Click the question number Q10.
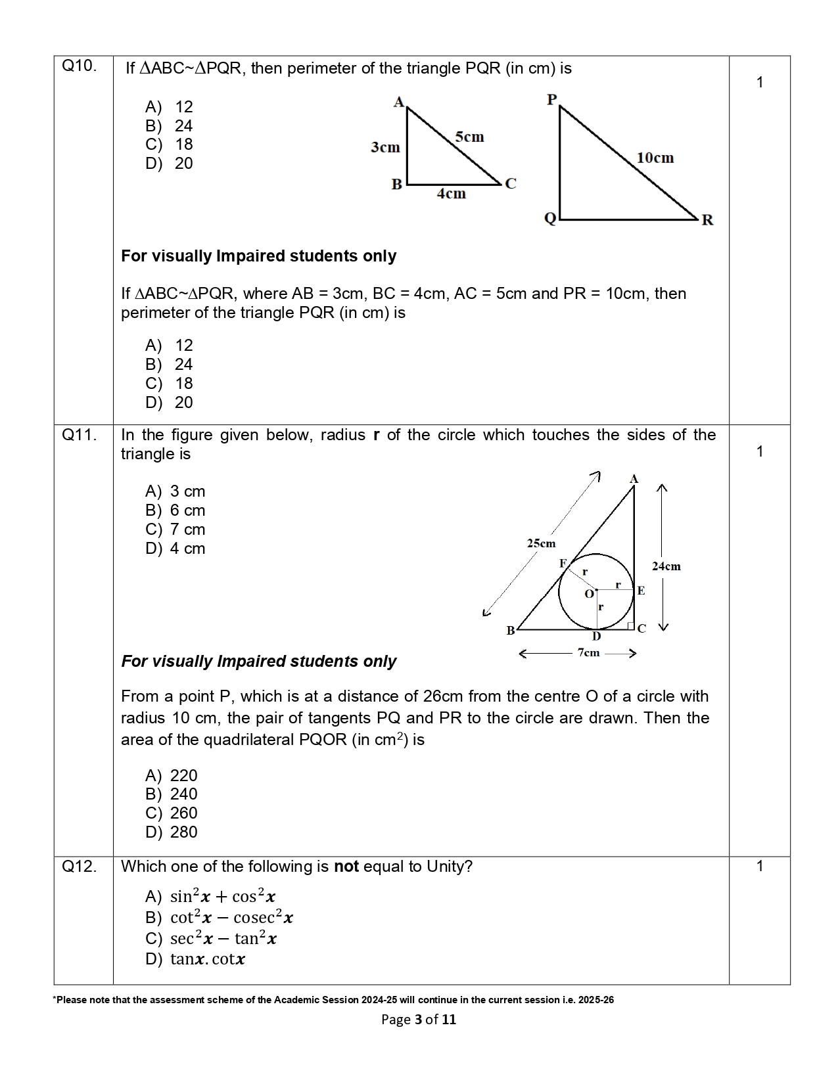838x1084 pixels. click(79, 66)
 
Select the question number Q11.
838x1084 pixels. click(79, 435)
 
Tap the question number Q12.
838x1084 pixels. click(79, 867)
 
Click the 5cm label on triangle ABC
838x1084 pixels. click(469, 137)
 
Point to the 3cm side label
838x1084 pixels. click(385, 147)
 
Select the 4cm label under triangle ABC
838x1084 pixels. click(452, 194)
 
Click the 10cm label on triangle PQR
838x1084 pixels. click(655, 158)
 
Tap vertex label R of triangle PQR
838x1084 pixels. click(707, 220)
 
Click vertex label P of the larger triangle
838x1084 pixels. click(551, 99)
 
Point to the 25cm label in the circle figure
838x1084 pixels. click(541, 543)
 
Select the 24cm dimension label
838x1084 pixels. click(666, 566)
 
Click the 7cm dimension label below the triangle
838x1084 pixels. click(588, 652)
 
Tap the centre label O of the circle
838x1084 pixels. click(589, 594)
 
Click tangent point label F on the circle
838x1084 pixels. click(563, 564)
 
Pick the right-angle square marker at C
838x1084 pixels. click(630, 625)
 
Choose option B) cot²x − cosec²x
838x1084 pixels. click(219, 917)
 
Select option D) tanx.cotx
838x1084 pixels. click(195, 959)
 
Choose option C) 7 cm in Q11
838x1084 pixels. click(175, 530)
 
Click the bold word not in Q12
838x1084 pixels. click(346, 867)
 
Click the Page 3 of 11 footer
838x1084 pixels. click(419, 1020)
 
